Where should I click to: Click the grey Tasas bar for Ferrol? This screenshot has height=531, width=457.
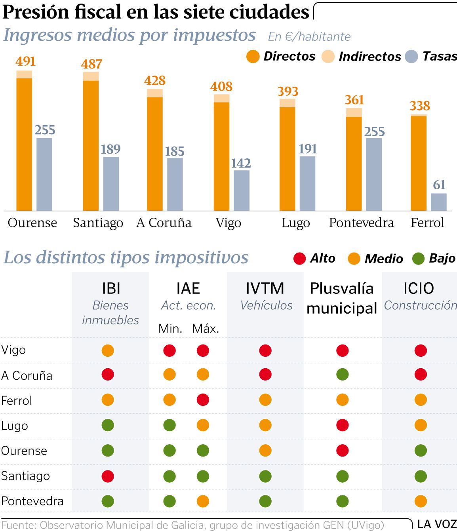[438, 202]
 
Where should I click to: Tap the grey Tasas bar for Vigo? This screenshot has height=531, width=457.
[242, 190]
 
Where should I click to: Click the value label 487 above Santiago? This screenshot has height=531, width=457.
[92, 64]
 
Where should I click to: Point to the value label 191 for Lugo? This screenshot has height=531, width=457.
[308, 149]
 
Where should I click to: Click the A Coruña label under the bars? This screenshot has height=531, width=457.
[164, 223]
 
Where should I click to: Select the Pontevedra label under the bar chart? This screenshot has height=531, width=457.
[361, 223]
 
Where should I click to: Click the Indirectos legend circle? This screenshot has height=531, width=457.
[328, 57]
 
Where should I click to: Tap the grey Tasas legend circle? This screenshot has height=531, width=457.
[412, 57]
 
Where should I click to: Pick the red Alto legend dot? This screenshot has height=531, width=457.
[299, 259]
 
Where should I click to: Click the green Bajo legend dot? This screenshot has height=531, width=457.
[418, 259]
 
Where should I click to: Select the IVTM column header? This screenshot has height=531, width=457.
[265, 288]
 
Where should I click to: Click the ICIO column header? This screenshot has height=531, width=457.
[419, 288]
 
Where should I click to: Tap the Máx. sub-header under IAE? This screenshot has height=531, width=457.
[206, 328]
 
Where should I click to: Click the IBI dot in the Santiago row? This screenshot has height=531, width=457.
[108, 476]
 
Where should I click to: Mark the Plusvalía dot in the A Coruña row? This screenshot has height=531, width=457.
[343, 375]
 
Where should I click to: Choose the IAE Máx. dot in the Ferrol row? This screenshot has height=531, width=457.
[203, 400]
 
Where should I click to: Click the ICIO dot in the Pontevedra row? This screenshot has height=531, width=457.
[421, 501]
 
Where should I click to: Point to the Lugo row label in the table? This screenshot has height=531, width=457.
[15, 426]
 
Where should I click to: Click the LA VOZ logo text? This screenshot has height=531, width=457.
[437, 524]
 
